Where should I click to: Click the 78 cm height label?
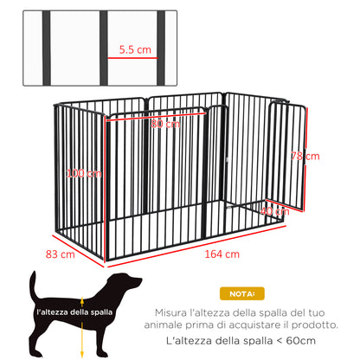pyautogui.click(x=305, y=157)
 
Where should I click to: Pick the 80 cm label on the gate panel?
pyautogui.click(x=164, y=124)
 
